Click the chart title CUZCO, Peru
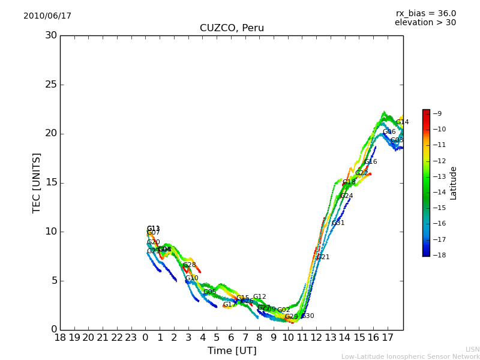232,28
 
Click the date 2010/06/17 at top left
47,16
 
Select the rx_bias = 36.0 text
425,14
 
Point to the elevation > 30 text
425,23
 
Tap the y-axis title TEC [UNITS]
37,182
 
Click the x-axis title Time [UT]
232,350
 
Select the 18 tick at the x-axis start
60,338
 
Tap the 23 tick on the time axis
131,338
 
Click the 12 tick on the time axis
317,338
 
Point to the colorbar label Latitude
454,182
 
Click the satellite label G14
402,122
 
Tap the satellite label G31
338,223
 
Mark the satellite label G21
323,257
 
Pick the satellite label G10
191,278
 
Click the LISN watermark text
472,349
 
